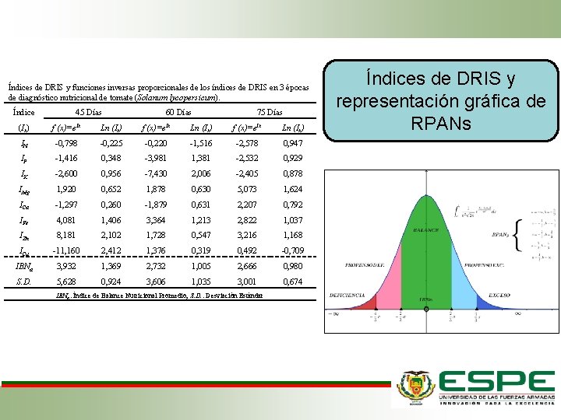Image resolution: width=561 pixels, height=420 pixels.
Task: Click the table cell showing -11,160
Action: click(x=63, y=250)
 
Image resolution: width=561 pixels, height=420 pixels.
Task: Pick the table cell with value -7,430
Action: click(x=157, y=175)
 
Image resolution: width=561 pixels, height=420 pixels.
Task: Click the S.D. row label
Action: click(x=26, y=282)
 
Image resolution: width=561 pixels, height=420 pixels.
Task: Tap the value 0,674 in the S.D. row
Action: click(x=293, y=282)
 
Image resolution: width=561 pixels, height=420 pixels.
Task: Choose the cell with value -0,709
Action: click(x=293, y=250)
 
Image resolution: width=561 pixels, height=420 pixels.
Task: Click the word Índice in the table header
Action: click(x=24, y=112)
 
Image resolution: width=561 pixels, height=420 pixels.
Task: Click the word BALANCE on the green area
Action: click(x=426, y=231)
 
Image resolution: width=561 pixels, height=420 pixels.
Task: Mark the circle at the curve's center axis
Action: click(x=426, y=309)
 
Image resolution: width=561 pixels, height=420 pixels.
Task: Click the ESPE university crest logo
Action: click(x=414, y=387)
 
